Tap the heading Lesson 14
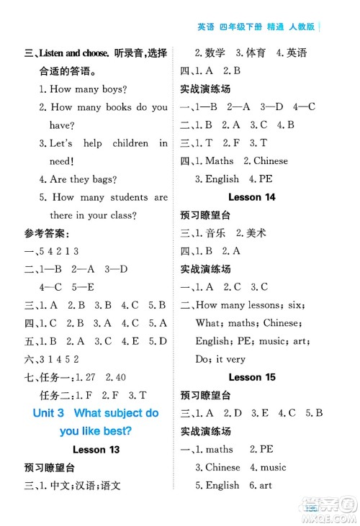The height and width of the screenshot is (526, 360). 251,196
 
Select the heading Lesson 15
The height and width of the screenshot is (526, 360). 251,376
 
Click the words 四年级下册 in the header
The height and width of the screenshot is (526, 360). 245,28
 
